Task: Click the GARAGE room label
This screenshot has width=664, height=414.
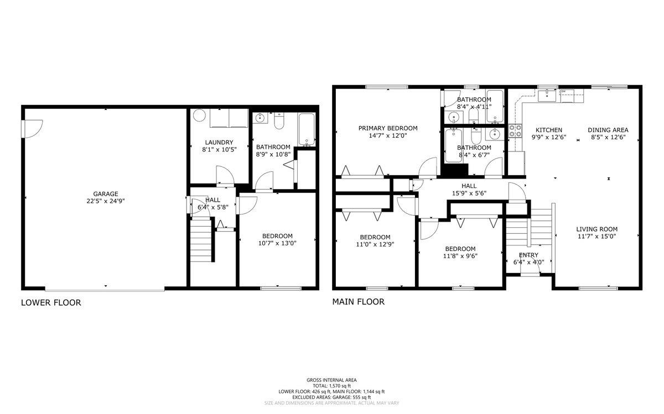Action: coord(106,194)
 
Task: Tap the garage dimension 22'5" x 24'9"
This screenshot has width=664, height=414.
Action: coord(106,201)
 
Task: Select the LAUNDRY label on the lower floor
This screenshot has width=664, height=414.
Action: coord(219,143)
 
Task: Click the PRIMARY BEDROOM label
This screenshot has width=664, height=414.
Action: coord(388,128)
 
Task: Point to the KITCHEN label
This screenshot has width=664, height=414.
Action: coord(549,130)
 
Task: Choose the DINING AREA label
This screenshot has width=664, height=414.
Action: coord(608,130)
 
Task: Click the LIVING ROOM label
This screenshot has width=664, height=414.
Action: coord(596,229)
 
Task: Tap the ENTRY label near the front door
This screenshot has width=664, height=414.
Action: coord(528,255)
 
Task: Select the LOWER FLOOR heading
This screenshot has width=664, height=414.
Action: coord(51,303)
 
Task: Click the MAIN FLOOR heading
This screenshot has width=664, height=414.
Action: coord(358,302)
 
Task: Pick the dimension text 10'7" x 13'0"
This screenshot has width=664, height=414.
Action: coord(277,243)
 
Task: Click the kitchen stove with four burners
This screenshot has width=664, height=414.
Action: coord(516,131)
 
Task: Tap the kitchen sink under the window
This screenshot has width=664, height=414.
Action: coord(547,96)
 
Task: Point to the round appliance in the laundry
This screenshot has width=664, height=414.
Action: coord(199,115)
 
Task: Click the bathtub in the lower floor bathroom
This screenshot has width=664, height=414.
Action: coord(307,130)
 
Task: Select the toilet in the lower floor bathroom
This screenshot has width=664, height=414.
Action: coord(279,121)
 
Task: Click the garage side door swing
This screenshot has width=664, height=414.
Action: coord(32,129)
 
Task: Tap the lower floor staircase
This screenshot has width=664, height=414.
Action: coord(201,239)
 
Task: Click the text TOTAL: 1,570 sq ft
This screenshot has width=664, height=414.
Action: coord(331,386)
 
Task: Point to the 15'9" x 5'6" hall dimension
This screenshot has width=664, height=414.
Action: coord(469,193)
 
